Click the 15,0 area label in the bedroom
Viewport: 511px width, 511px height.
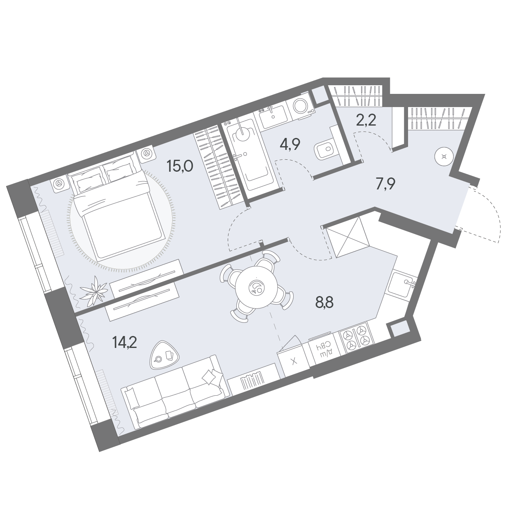(180, 166)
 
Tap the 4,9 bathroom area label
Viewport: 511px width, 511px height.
(290, 145)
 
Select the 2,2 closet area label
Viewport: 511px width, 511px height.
(366, 121)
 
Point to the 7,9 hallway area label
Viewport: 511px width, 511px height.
(385, 184)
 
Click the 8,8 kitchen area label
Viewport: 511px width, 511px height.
(324, 302)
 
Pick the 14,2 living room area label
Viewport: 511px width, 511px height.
(124, 343)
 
